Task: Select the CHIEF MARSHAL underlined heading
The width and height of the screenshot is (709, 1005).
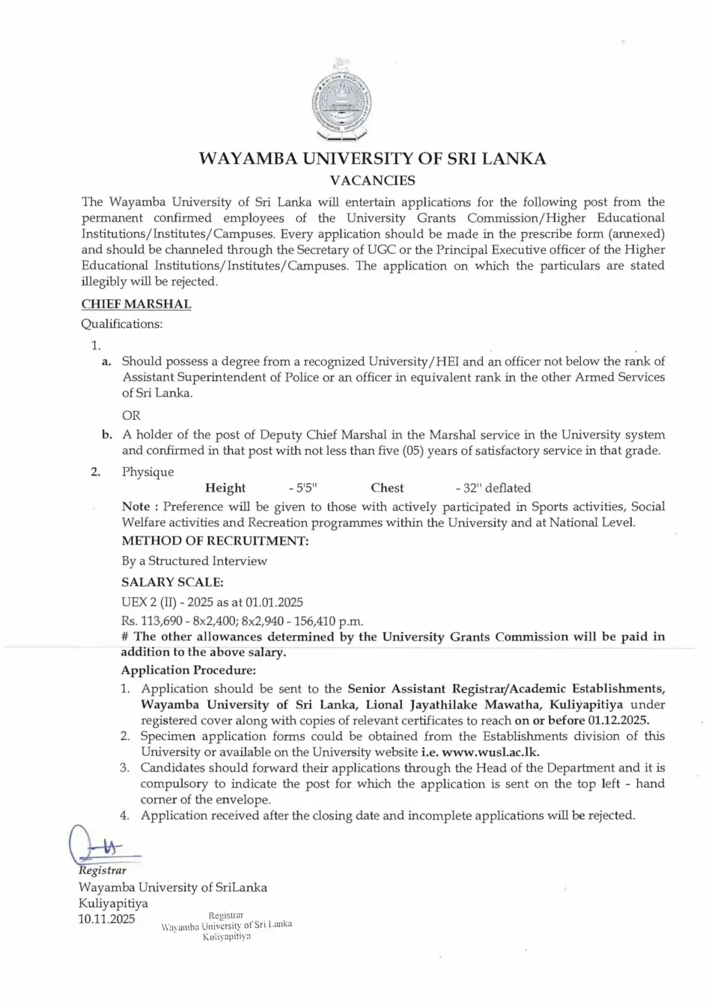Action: pyautogui.click(x=136, y=305)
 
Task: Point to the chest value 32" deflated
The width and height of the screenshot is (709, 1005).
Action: pyautogui.click(x=493, y=488)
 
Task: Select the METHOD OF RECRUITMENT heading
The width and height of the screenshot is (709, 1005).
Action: pyautogui.click(x=215, y=541)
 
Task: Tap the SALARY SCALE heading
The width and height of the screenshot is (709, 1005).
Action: pyautogui.click(x=172, y=581)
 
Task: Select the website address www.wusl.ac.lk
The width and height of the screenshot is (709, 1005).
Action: pyautogui.click(x=490, y=752)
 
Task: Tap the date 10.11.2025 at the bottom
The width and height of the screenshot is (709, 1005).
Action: pyautogui.click(x=107, y=919)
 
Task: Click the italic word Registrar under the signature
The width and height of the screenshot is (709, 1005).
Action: pyautogui.click(x=103, y=871)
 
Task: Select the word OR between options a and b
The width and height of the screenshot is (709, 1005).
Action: pyautogui.click(x=131, y=415)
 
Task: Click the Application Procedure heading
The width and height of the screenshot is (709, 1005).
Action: pyautogui.click(x=188, y=670)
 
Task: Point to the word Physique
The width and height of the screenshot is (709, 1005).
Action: pyautogui.click(x=147, y=472)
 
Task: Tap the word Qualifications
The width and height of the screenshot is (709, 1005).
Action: pyautogui.click(x=121, y=324)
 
